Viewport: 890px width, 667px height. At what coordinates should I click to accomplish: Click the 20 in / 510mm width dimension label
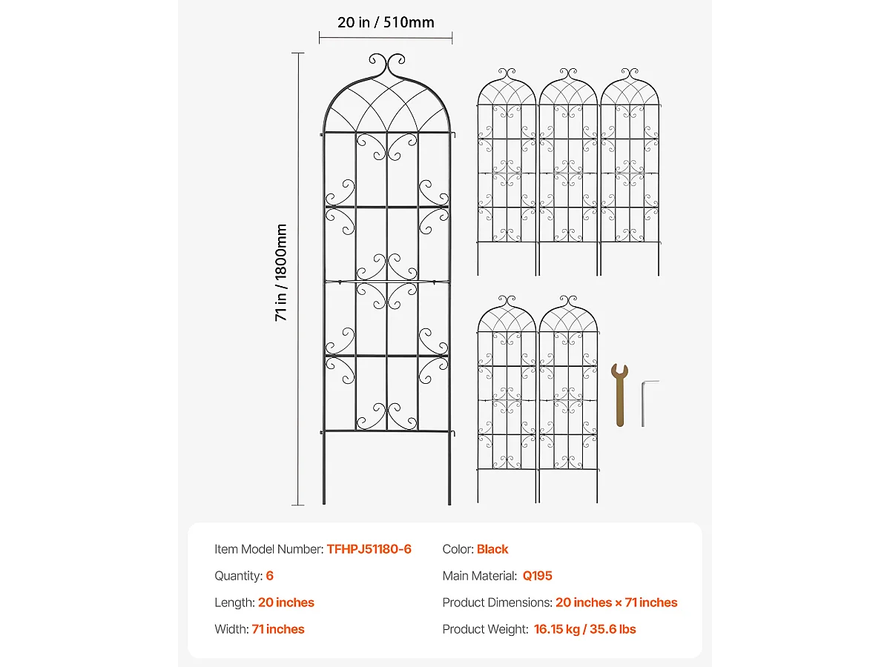(x=386, y=22)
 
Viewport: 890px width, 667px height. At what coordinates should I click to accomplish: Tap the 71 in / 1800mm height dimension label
(x=281, y=272)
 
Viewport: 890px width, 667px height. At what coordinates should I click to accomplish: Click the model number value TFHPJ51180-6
(x=369, y=549)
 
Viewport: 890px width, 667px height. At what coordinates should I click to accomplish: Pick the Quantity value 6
(x=270, y=576)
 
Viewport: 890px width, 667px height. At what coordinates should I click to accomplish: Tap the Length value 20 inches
(x=286, y=603)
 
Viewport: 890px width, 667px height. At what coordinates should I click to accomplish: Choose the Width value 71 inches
(x=278, y=629)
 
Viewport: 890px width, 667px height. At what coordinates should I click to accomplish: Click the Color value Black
(x=492, y=549)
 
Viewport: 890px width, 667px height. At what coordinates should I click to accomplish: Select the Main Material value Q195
(x=538, y=576)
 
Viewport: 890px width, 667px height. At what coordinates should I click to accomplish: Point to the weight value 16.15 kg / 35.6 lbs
(x=584, y=629)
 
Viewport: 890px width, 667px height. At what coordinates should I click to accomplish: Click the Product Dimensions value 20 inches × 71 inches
(x=616, y=603)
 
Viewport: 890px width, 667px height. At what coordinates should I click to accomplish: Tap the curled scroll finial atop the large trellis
(x=386, y=65)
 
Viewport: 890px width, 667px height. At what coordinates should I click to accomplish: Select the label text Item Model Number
(x=268, y=549)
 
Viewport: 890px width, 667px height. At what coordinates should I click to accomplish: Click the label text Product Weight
(x=484, y=629)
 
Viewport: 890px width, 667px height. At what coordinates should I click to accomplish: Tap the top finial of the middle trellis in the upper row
(x=568, y=75)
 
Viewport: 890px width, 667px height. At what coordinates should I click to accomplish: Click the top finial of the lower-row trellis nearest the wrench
(x=568, y=302)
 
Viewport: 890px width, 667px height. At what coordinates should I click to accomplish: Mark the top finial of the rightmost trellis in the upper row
(x=629, y=75)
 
